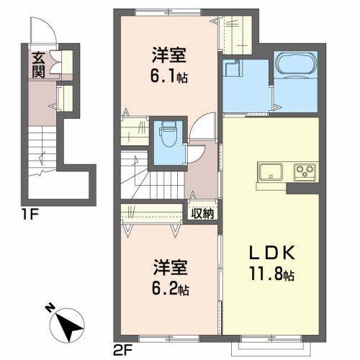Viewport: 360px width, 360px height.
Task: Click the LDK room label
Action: click(271, 256)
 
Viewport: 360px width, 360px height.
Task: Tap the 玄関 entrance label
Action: click(37, 65)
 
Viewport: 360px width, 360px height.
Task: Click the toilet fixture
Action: click(168, 132)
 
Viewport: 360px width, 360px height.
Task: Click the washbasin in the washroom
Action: click(233, 70)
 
